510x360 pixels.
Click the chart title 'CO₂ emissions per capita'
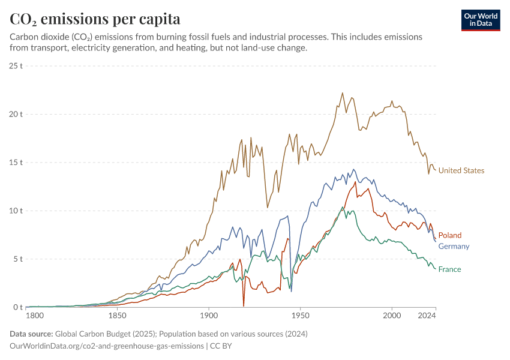(x=95, y=19)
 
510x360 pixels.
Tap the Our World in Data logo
(x=481, y=20)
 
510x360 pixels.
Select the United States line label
(x=461, y=170)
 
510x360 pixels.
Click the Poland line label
(x=450, y=235)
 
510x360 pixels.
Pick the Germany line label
(x=454, y=246)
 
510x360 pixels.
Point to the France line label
(x=449, y=269)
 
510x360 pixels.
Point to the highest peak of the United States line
(x=343, y=93)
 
